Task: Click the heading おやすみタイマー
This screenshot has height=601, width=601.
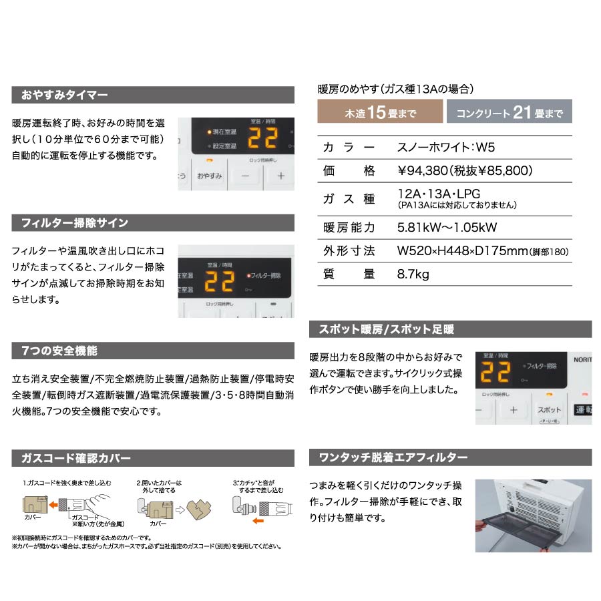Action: (64, 95)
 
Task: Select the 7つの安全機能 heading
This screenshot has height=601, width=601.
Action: (59, 351)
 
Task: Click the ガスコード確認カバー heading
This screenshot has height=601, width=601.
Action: (75, 458)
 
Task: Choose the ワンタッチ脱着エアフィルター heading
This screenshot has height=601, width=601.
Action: (393, 457)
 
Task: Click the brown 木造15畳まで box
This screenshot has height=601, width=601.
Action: (379, 112)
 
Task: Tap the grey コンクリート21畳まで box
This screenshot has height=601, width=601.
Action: (509, 112)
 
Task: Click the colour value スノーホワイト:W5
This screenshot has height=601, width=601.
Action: (445, 147)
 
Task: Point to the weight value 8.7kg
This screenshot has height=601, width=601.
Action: (413, 274)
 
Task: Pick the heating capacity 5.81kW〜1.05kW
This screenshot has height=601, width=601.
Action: (447, 227)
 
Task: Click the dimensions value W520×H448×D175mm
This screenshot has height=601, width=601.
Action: (462, 251)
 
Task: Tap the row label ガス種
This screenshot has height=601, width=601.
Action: (348, 198)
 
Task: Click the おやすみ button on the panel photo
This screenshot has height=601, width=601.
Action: (209, 176)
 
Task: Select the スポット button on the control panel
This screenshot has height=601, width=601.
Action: (549, 409)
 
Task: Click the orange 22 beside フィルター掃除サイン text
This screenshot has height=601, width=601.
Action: (218, 281)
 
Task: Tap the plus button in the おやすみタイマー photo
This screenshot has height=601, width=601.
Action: (280, 176)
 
